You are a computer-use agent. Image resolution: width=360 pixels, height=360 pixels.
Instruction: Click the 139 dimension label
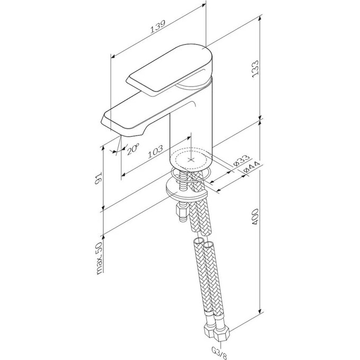(158, 27)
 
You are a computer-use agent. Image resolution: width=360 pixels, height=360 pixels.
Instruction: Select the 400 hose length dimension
(255, 217)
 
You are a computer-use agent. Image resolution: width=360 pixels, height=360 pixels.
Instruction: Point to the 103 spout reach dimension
(155, 151)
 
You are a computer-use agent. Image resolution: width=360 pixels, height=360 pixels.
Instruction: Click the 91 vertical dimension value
(98, 178)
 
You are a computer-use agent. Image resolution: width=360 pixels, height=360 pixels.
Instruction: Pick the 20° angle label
(133, 149)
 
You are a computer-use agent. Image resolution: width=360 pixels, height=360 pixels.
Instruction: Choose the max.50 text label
(100, 258)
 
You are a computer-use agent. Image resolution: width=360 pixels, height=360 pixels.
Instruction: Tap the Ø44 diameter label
(251, 167)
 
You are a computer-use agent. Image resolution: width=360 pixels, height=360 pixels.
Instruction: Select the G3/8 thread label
(220, 352)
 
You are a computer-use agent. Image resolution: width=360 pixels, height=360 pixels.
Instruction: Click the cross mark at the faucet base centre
(191, 159)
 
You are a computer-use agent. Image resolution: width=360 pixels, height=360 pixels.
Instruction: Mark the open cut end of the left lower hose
(199, 241)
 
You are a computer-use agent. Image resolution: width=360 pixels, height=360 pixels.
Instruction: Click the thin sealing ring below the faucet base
(191, 174)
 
